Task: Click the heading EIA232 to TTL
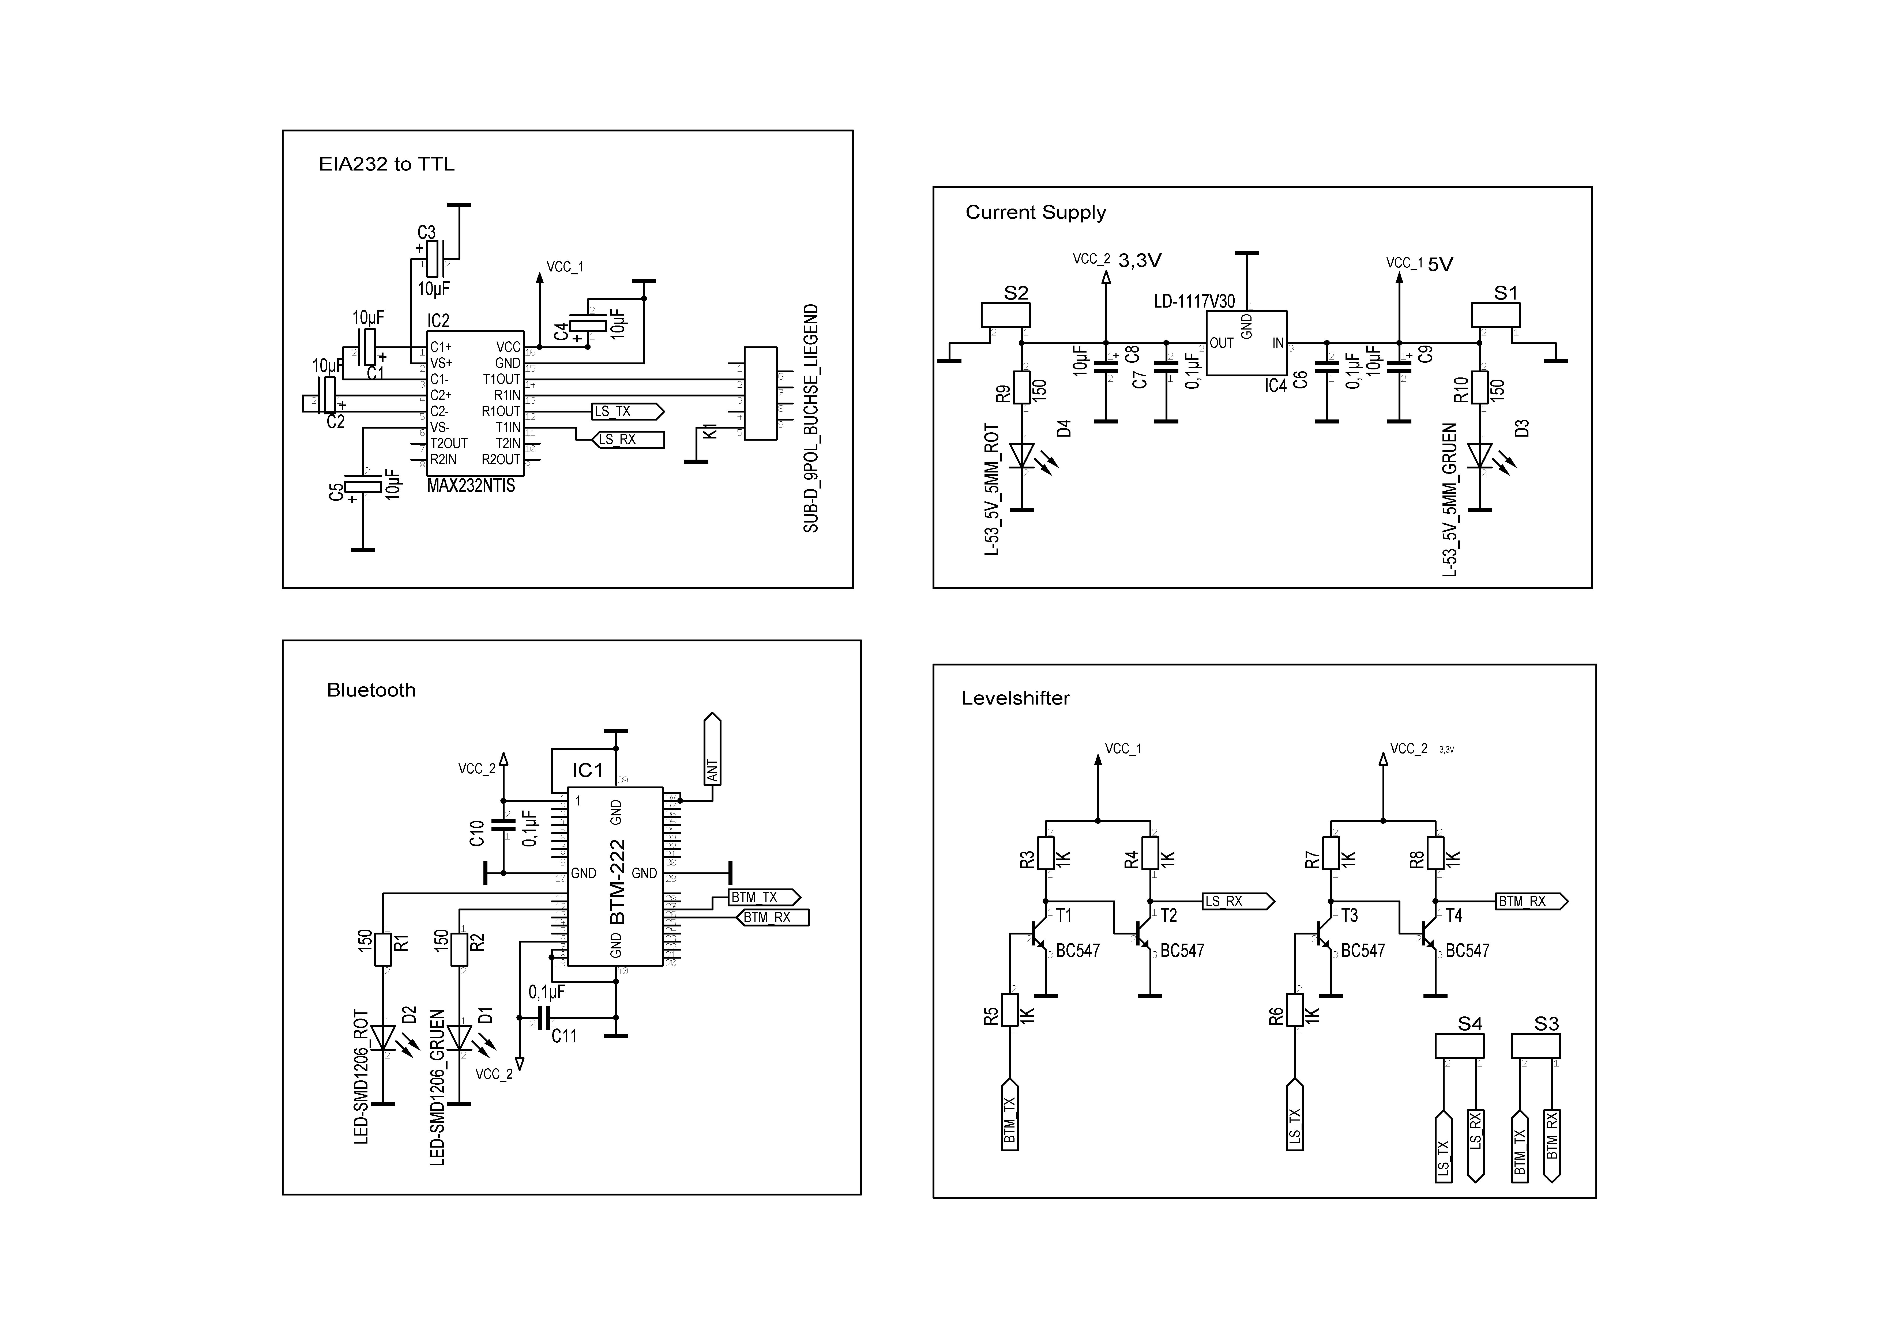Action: coord(386,164)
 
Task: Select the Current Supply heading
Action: coord(1035,213)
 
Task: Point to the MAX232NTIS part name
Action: coord(471,486)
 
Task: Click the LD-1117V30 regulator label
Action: coord(1194,301)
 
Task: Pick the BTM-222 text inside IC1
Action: coord(618,881)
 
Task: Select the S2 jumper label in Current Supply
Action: coord(1016,293)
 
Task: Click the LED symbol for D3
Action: coord(1480,456)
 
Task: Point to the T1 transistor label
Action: coord(1064,915)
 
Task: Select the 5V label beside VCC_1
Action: coord(1440,264)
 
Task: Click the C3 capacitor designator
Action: coord(426,232)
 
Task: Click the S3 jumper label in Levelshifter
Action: coord(1546,1024)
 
